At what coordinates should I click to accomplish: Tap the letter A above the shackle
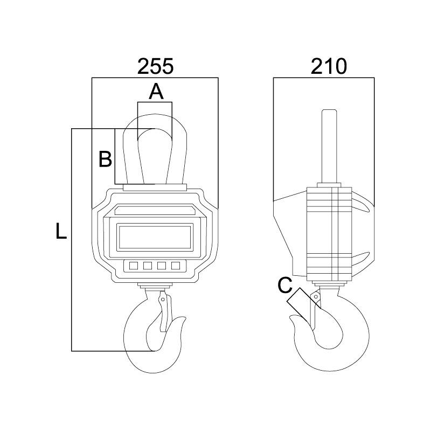[x=156, y=92]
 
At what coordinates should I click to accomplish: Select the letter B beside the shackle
[x=105, y=159]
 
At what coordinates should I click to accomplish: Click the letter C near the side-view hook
[x=285, y=286]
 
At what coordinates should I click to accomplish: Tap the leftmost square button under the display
[x=133, y=265]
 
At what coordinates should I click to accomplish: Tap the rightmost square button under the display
[x=175, y=265]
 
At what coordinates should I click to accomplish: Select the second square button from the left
[x=147, y=265]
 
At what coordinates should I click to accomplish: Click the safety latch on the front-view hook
[x=164, y=315]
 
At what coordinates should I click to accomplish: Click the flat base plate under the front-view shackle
[x=155, y=188]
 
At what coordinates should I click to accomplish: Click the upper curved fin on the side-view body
[x=362, y=205]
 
